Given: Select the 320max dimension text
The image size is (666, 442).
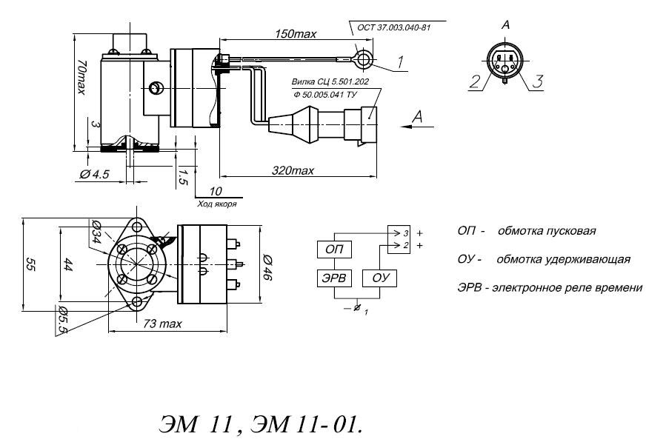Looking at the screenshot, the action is pyautogui.click(x=293, y=171).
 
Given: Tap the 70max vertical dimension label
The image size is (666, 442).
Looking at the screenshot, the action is pyautogui.click(x=81, y=76).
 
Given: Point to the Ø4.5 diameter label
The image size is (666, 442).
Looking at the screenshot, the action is pyautogui.click(x=94, y=175).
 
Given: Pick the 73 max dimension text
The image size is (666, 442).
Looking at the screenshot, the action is pyautogui.click(x=162, y=324).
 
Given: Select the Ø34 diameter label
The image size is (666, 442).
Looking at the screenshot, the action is pyautogui.click(x=96, y=232).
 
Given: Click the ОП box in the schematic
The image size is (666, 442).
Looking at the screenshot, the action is pyautogui.click(x=334, y=250).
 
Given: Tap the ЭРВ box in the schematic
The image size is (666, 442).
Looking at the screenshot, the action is pyautogui.click(x=334, y=278).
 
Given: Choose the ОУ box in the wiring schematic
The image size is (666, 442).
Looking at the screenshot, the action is pyautogui.click(x=380, y=278).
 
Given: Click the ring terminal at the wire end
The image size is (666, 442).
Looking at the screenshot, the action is pyautogui.click(x=363, y=59).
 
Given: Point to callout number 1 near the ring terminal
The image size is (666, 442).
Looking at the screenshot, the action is pyautogui.click(x=400, y=62).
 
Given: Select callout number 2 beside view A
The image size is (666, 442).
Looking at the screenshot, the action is pyautogui.click(x=475, y=81).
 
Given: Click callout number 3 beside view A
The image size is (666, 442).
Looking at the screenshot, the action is pyautogui.click(x=537, y=81).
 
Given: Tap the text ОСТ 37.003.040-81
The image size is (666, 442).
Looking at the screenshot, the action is pyautogui.click(x=393, y=28).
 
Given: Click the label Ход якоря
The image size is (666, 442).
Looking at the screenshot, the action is pyautogui.click(x=217, y=204).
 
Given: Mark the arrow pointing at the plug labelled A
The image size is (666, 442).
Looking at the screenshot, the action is pyautogui.click(x=417, y=127).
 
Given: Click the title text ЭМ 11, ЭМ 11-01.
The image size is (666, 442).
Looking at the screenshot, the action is pyautogui.click(x=261, y=423).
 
